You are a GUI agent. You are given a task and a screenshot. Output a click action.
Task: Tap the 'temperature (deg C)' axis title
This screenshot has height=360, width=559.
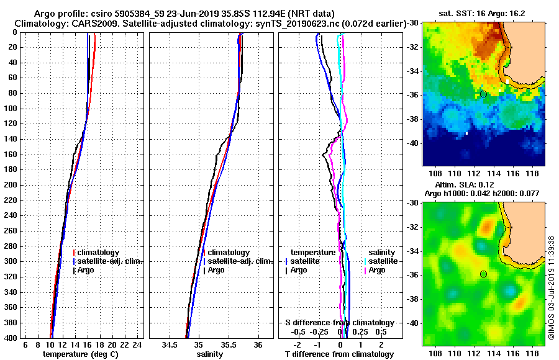(80, 354)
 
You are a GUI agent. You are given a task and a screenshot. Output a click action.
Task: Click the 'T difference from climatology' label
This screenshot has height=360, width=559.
(340, 354)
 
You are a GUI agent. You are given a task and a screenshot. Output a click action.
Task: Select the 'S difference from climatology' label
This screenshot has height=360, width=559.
(340, 323)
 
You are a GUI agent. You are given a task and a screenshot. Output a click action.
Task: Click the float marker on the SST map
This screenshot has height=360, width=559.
(483, 94)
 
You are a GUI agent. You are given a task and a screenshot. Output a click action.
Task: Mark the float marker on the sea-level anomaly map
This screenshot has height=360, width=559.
(483, 274)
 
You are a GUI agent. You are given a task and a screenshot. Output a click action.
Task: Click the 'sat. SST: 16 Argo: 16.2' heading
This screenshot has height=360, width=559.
(482, 12)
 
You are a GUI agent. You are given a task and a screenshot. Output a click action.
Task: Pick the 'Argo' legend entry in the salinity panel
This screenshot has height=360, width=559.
(216, 270)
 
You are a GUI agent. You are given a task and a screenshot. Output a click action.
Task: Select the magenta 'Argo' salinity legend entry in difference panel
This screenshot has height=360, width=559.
(377, 270)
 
